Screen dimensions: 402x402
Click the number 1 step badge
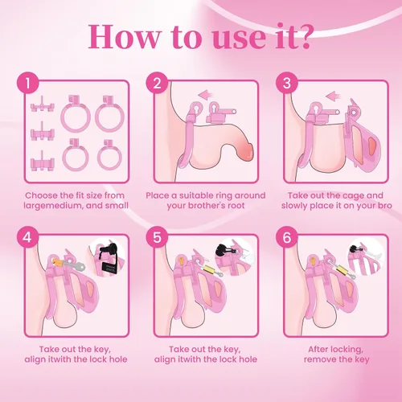(x=28, y=83)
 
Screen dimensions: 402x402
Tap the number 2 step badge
(x=157, y=83)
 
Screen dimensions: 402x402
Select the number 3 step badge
(x=287, y=83)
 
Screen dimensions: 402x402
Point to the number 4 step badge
(x=28, y=237)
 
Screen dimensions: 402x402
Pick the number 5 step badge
(x=157, y=237)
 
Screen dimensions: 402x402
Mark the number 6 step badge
(x=287, y=237)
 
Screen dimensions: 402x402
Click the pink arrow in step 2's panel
(x=205, y=94)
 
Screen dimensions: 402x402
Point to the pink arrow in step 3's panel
(x=333, y=95)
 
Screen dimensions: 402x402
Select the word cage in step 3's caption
(x=352, y=195)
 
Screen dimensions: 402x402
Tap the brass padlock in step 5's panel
(x=209, y=269)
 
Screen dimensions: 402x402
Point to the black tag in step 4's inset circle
(x=110, y=268)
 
